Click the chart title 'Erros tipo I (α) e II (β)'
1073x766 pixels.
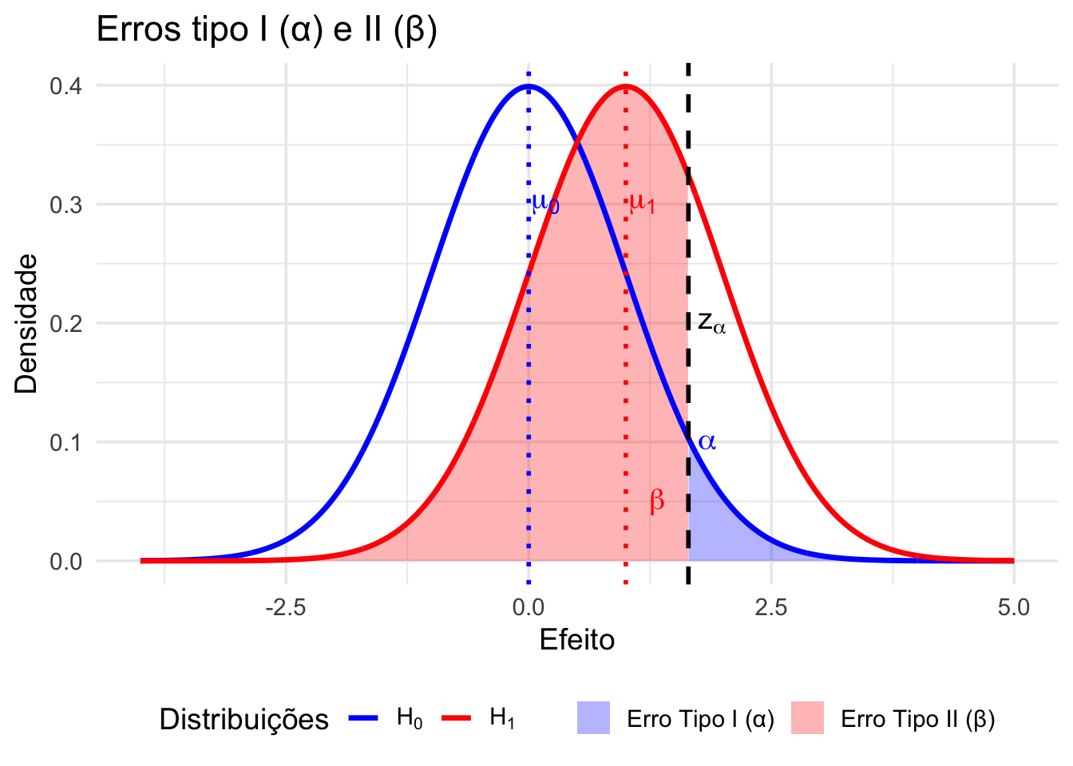(x=267, y=30)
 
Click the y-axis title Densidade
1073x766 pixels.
(x=27, y=323)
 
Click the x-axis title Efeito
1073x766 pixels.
(x=576, y=640)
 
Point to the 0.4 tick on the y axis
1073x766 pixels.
(x=65, y=85)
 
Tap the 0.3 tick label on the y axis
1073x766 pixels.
(x=65, y=204)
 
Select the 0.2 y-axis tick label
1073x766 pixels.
(x=65, y=323)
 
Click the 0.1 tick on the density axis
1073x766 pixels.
(x=65, y=442)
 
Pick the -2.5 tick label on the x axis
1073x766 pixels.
(x=285, y=608)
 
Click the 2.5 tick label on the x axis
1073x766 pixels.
(x=770, y=608)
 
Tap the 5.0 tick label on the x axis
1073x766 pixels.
(x=1013, y=608)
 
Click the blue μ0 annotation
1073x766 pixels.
(x=545, y=203)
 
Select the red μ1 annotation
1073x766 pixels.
(x=642, y=203)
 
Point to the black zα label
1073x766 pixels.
(x=711, y=323)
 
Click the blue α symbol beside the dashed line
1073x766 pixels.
(x=707, y=441)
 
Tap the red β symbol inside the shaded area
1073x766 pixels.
(x=657, y=501)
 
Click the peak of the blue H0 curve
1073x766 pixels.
(x=529, y=86)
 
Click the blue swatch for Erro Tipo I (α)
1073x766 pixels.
(x=593, y=718)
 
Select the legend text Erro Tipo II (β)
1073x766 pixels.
(x=917, y=720)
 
